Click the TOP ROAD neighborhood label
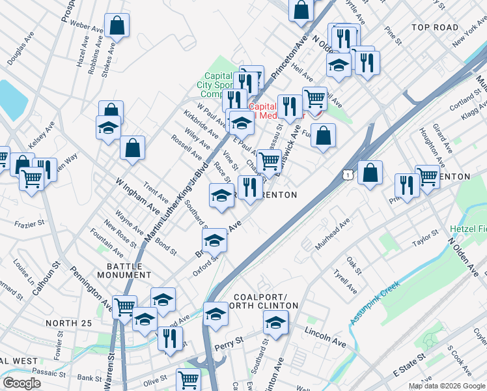coord(436,27)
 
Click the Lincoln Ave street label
coord(326,336)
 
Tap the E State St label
coord(410,366)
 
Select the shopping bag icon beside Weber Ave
coord(117,26)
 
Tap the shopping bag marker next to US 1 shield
coord(370,173)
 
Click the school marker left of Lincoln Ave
coord(276,322)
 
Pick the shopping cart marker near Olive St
coord(188,379)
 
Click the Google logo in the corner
coord(21,383)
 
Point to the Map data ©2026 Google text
coord(447,386)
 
